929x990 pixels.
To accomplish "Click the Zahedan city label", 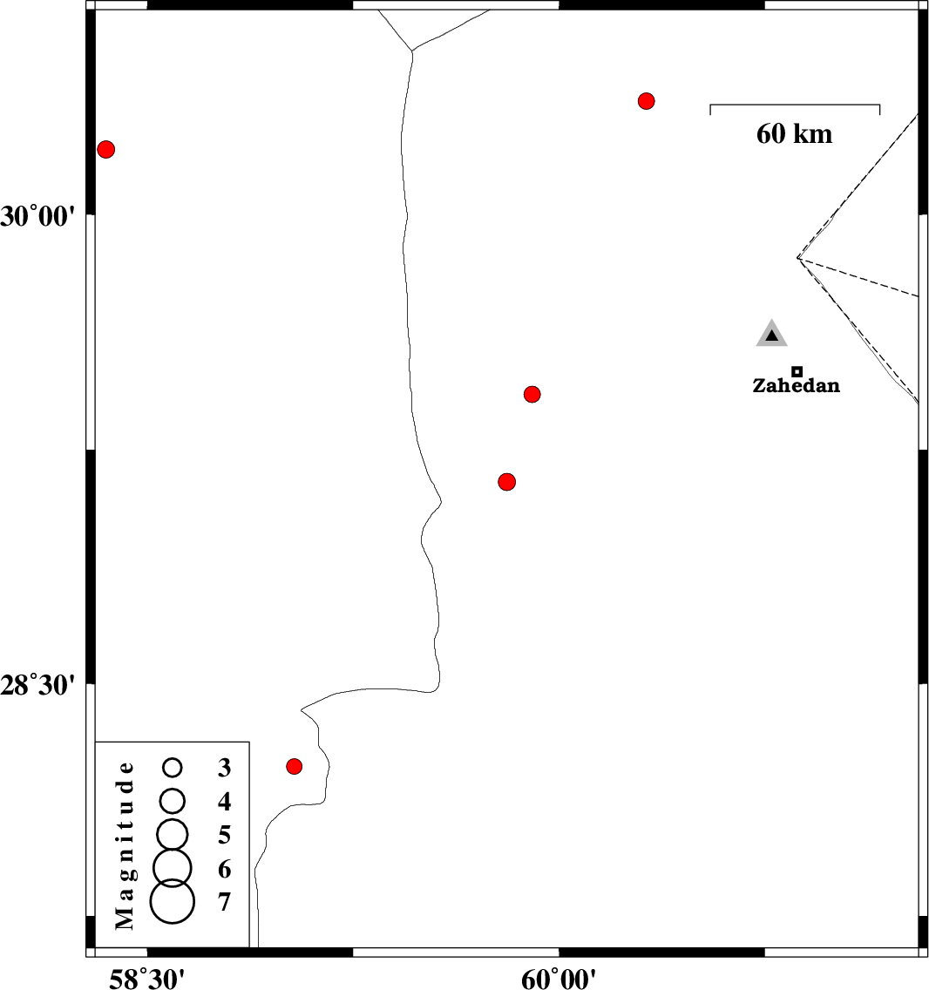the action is tap(796, 386).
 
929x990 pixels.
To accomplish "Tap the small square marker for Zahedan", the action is tap(797, 372).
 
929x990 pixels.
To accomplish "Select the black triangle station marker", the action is tap(772, 334).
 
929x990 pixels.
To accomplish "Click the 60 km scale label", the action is tap(794, 134).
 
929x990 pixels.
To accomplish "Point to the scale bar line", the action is tap(795, 105).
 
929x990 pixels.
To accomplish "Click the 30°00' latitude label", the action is tap(37, 216).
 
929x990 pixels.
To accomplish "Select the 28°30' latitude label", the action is tap(37, 685).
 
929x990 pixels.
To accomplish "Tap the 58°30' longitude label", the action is tap(146, 979).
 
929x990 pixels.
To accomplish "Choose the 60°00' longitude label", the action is tap(559, 979).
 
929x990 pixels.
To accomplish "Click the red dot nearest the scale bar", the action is tap(646, 101).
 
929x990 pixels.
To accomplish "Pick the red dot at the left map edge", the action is tap(106, 150).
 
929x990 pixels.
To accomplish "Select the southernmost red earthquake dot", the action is tap(295, 767).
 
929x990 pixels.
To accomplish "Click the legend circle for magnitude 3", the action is tap(173, 768).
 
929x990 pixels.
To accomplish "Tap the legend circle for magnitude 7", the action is tap(173, 902).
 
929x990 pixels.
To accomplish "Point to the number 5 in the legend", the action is tap(224, 835).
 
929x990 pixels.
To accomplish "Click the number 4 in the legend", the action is tap(224, 801).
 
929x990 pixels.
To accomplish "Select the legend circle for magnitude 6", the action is tap(173, 868).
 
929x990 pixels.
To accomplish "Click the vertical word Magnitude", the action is tap(125, 845).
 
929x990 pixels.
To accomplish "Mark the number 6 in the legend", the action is tap(224, 869).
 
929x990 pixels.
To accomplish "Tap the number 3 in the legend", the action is tap(224, 768).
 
